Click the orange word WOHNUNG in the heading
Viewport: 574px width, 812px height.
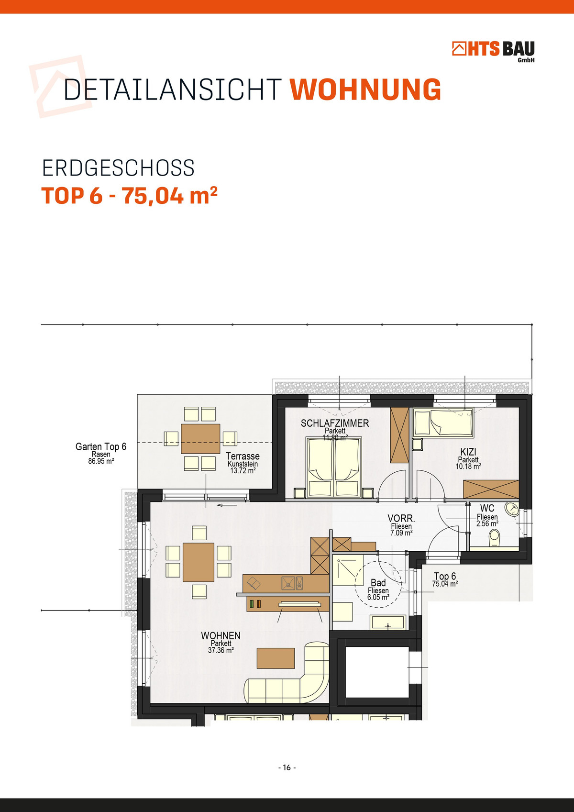point(365,89)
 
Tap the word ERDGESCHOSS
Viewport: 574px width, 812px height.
point(118,168)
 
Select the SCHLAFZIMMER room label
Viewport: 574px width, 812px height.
point(335,423)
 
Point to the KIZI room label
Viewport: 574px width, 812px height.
point(468,452)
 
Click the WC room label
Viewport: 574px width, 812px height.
point(487,508)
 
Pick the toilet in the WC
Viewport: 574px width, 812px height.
point(494,539)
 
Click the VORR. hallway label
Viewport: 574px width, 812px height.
point(401,518)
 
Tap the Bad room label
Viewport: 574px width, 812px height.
point(378,582)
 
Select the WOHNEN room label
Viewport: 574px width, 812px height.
point(221,635)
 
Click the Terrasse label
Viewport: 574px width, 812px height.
point(243,456)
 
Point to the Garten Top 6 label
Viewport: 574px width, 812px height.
point(101,446)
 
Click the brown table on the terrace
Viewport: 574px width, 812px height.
point(200,439)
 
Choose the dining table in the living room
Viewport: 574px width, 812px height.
point(198,562)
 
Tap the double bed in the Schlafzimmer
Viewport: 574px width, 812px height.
point(334,467)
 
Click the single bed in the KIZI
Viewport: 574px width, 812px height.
point(443,423)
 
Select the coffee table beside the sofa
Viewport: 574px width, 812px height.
point(276,658)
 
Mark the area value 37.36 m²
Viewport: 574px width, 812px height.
point(221,650)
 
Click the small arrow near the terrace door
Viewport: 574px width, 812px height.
point(227,505)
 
